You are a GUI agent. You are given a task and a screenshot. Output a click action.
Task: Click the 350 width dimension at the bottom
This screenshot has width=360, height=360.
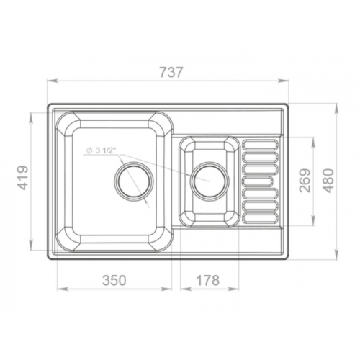coord(115,278)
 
